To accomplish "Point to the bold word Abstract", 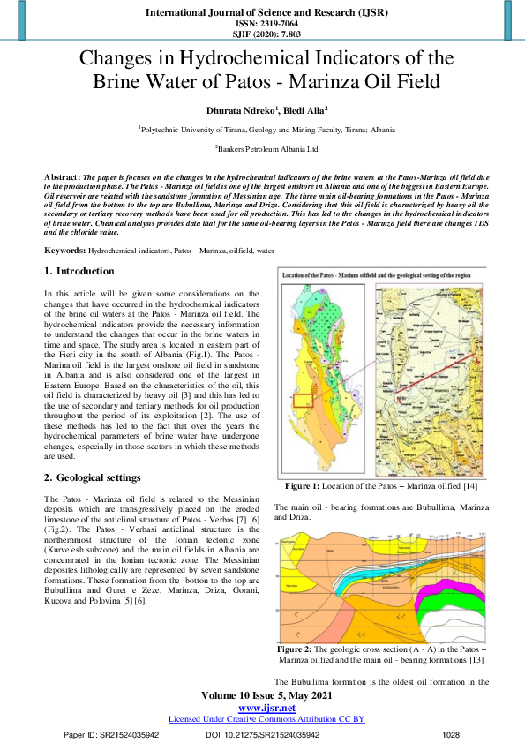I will point(61,178).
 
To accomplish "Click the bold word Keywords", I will point(65,251).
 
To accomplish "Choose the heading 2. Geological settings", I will point(92,477).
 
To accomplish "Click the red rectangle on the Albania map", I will point(304,401).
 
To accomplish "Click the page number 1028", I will point(451,734).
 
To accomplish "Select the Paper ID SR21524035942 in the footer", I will point(111,734).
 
